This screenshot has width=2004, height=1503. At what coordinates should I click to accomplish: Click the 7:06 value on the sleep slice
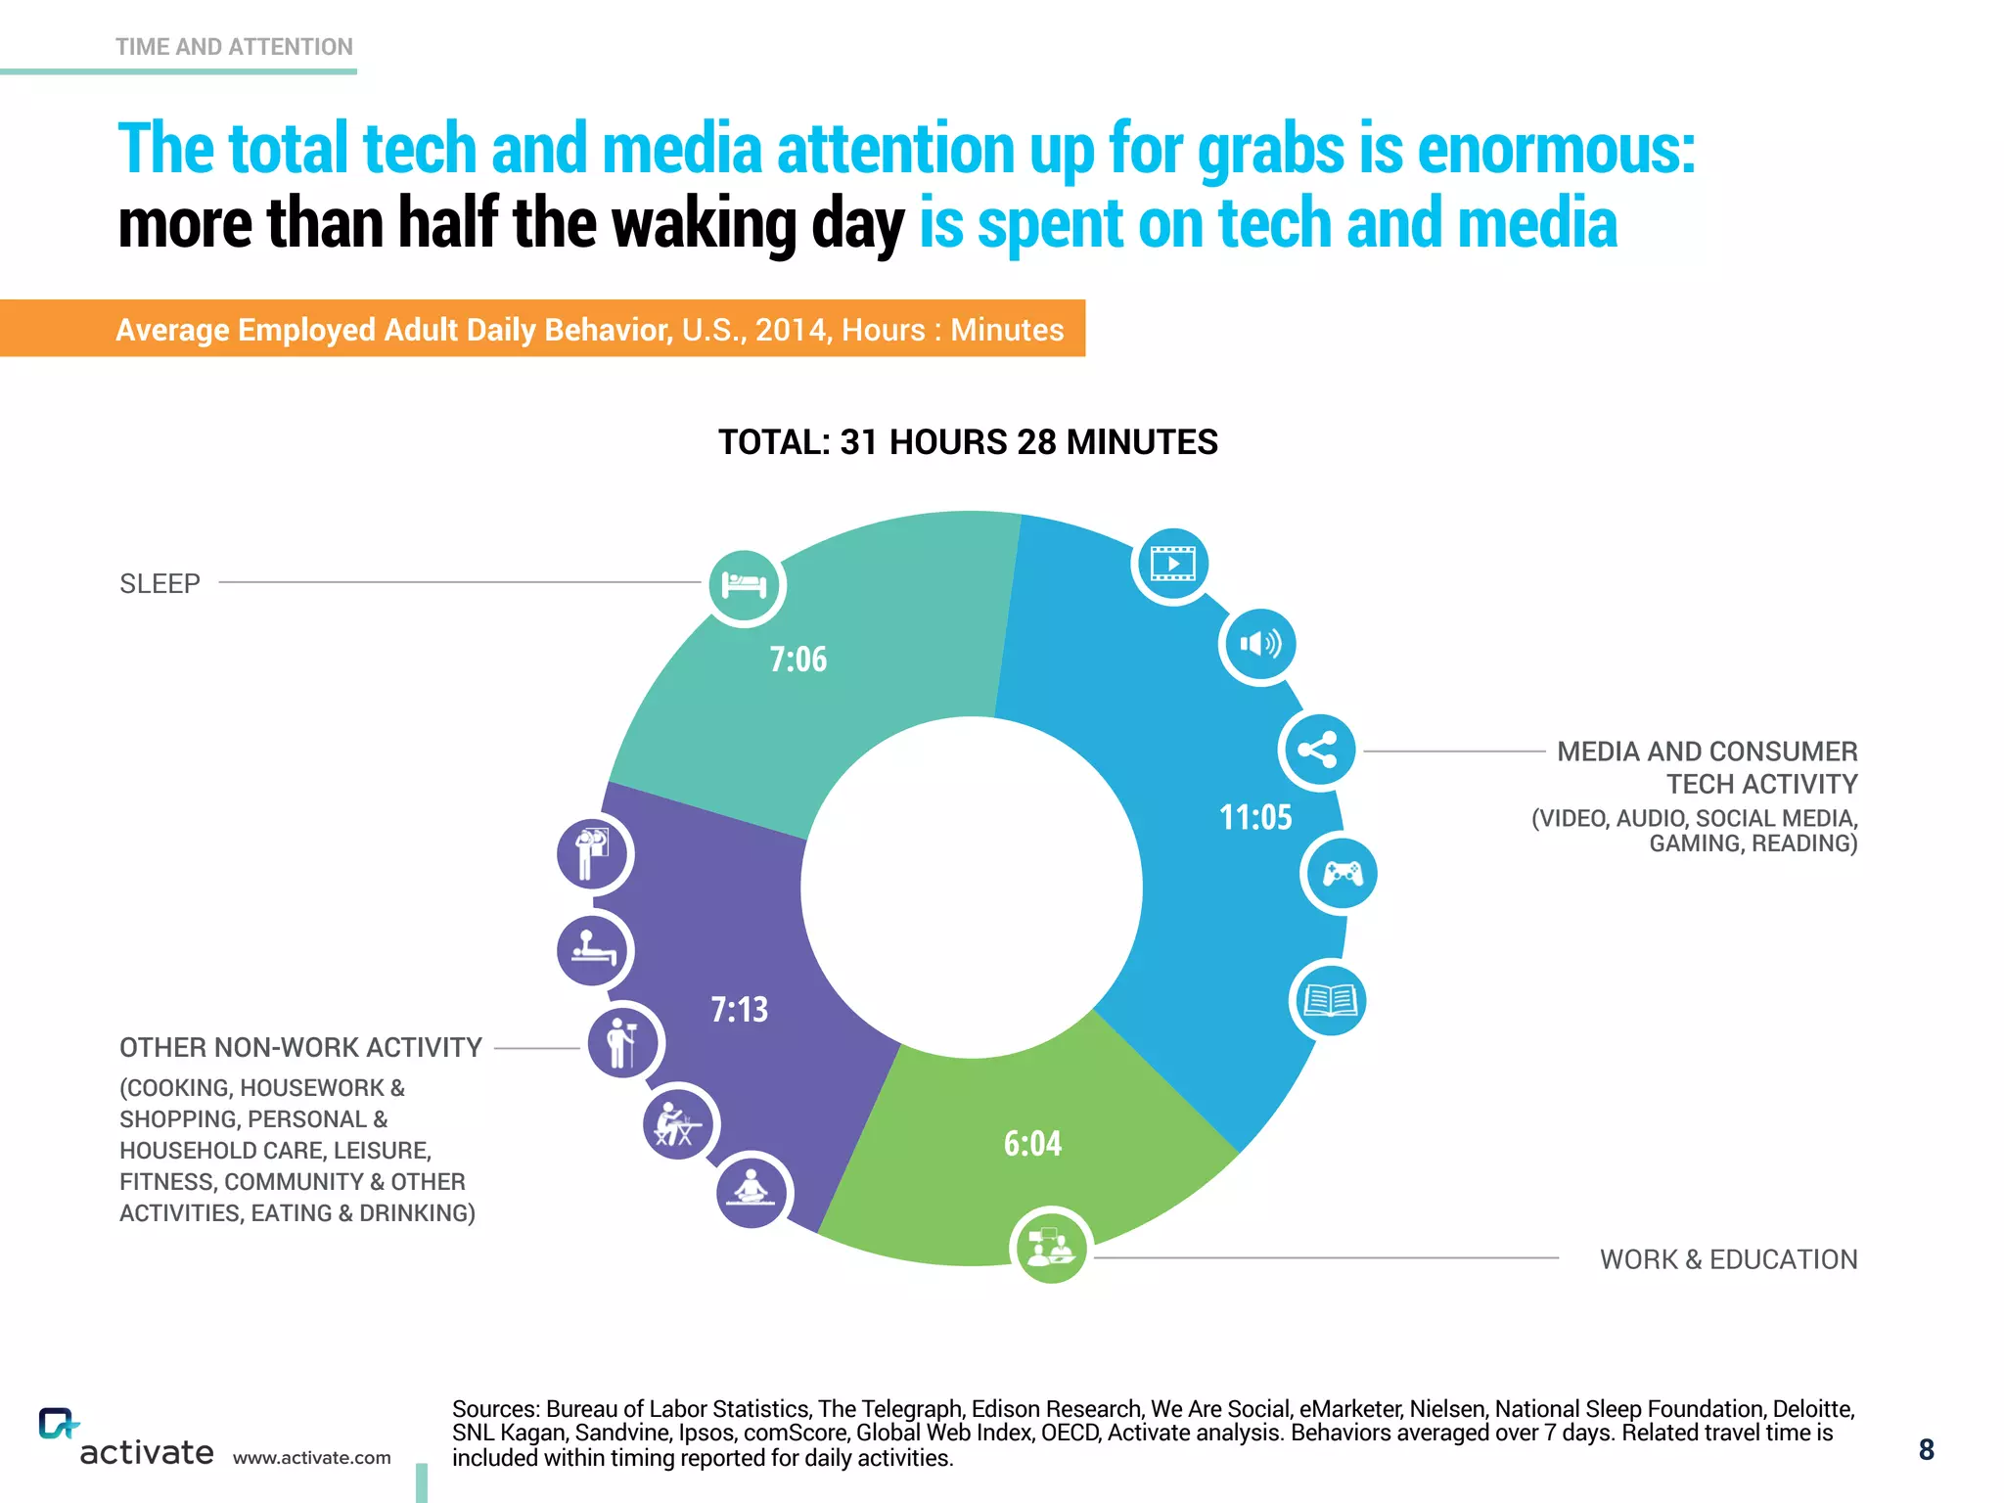(797, 660)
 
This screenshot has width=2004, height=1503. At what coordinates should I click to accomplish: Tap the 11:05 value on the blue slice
(1254, 817)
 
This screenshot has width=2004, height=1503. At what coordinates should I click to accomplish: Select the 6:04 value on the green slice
(1032, 1143)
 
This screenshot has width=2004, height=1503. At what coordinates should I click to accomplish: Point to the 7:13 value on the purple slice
(739, 1009)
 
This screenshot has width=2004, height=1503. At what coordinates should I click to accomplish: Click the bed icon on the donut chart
(745, 585)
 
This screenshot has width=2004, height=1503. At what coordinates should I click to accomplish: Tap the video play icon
(1172, 564)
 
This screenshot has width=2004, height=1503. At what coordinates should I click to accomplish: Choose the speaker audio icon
(1259, 644)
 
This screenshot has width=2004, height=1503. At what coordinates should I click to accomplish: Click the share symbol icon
(1318, 751)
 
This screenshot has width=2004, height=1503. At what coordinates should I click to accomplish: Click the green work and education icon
(1050, 1246)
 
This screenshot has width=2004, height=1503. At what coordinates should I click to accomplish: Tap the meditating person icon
(751, 1190)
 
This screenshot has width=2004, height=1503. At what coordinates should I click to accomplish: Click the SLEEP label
(159, 584)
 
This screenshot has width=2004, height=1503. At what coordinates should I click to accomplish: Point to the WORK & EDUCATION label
(1728, 1259)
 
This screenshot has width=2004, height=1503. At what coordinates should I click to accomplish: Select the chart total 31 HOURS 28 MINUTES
(968, 442)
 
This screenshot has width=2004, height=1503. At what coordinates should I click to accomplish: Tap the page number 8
(1926, 1450)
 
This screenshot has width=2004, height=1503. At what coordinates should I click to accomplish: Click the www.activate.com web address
(311, 1458)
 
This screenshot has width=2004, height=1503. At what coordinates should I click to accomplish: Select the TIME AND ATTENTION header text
(234, 47)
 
